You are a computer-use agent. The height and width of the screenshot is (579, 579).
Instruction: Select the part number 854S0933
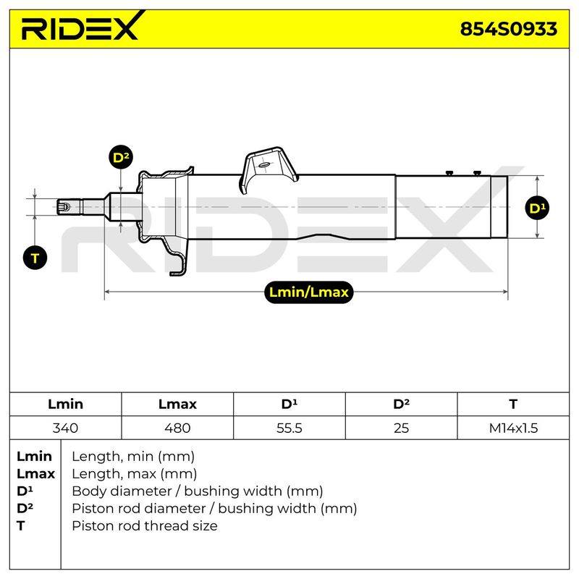[x=508, y=29]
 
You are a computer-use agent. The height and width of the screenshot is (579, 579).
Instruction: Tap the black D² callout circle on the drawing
[x=121, y=157]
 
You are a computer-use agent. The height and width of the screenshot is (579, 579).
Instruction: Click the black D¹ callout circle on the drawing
[x=537, y=208]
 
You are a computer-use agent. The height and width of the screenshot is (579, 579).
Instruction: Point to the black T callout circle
[x=35, y=258]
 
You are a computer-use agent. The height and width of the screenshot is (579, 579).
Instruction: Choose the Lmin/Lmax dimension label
[x=309, y=292]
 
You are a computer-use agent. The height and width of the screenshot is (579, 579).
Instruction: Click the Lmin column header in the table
[x=65, y=404]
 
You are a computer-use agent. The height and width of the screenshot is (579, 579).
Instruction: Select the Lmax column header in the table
[x=177, y=404]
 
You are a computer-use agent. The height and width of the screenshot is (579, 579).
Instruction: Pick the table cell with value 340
[x=65, y=428]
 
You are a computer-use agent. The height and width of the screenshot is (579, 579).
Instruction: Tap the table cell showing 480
[x=177, y=428]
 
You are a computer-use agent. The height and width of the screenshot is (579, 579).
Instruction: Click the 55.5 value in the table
[x=289, y=428]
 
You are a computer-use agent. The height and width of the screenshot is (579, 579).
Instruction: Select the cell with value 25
[x=401, y=428]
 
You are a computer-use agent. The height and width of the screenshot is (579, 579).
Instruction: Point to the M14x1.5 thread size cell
[x=513, y=428]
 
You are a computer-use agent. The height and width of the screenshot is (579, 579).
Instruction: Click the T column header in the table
[x=513, y=404]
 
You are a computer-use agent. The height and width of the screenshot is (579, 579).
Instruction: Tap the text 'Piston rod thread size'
[x=144, y=525]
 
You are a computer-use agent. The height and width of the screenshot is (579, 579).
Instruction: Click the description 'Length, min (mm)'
[x=133, y=457]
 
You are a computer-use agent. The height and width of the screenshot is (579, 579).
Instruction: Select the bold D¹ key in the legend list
[x=25, y=491]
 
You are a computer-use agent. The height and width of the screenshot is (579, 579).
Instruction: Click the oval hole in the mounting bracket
[x=264, y=165]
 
